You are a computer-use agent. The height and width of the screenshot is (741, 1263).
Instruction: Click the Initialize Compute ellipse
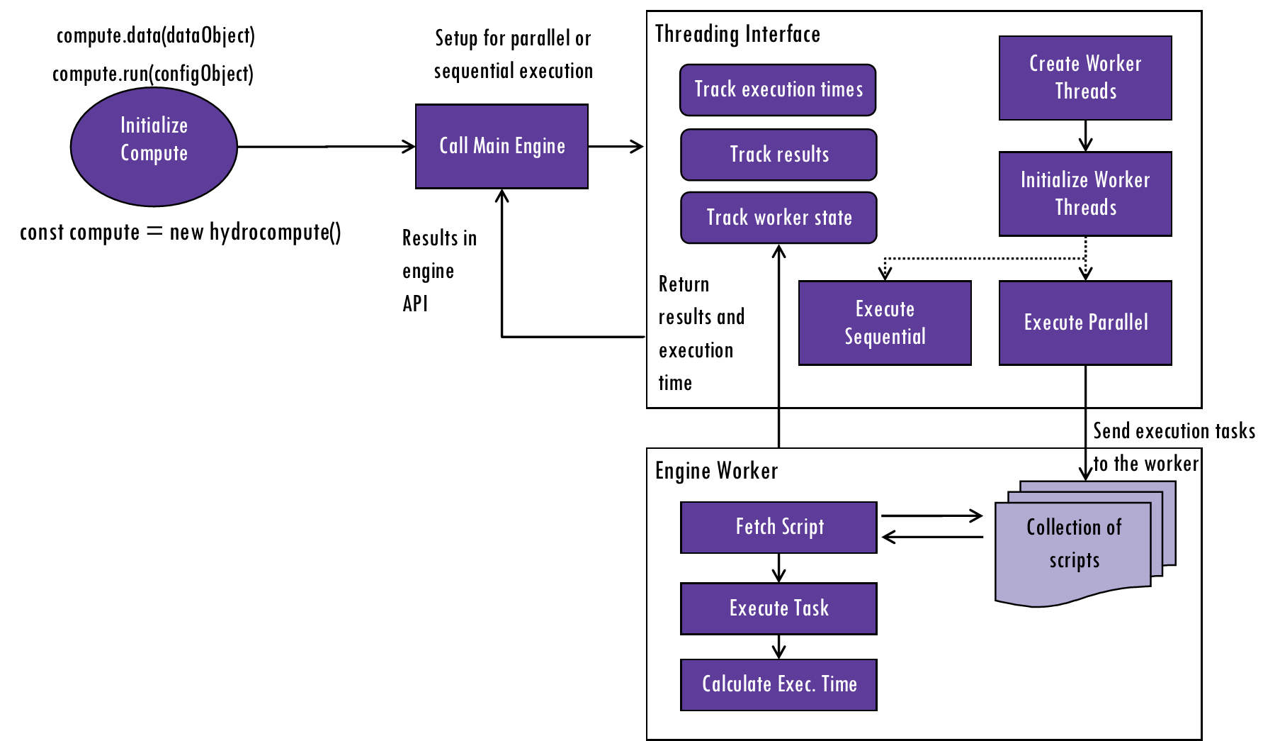click(154, 147)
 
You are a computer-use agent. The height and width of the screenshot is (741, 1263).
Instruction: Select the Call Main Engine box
click(502, 146)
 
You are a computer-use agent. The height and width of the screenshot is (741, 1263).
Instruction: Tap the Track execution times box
click(778, 90)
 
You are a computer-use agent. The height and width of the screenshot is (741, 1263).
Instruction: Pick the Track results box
click(778, 155)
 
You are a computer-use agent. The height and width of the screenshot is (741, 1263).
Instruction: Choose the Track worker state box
click(778, 218)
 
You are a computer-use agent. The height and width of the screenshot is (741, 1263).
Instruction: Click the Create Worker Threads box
click(1085, 78)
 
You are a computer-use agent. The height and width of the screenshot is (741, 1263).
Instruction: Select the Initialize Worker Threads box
click(1085, 194)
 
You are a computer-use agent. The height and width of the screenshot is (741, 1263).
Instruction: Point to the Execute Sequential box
click(885, 323)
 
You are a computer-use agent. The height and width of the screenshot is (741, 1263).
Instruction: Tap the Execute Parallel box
click(1085, 323)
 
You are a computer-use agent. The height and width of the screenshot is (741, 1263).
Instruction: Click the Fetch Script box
click(778, 528)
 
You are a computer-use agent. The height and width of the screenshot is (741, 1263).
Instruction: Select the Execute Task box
click(778, 608)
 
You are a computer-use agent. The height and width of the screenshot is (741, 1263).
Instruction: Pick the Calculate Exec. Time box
click(778, 685)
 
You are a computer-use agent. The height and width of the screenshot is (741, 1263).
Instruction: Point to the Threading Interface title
click(737, 34)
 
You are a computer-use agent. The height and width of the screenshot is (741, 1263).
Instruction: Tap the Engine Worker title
click(716, 471)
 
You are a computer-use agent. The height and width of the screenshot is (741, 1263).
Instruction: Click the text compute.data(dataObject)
click(156, 35)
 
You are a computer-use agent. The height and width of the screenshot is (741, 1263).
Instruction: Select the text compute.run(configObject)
click(153, 74)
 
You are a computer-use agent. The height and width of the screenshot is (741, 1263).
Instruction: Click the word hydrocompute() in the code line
click(276, 233)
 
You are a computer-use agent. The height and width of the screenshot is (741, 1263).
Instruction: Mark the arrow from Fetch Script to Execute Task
click(778, 568)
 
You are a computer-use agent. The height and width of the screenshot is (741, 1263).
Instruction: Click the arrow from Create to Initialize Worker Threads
click(1085, 135)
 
